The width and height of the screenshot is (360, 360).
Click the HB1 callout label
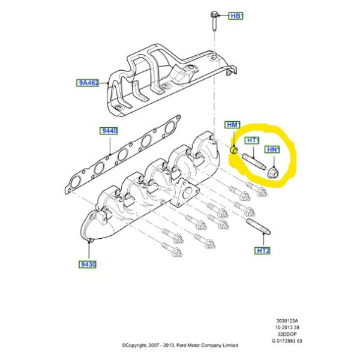(x=236, y=16)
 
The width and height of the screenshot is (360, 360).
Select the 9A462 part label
(x=88, y=83)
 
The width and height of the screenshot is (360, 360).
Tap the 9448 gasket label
(x=109, y=131)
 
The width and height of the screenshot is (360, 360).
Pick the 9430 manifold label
(x=87, y=265)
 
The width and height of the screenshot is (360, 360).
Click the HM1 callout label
(x=232, y=125)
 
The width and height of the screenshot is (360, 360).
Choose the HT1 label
(x=252, y=140)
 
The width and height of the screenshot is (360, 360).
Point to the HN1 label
(x=272, y=149)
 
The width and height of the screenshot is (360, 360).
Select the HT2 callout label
(x=262, y=250)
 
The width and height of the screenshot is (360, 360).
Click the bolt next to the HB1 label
(x=214, y=22)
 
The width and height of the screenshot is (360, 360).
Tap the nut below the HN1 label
(x=273, y=172)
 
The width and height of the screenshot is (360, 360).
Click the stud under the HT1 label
(x=254, y=161)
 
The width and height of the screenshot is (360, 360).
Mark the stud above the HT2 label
(x=259, y=226)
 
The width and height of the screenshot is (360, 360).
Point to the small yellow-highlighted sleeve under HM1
(x=234, y=150)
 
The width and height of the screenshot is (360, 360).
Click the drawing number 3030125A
(x=287, y=321)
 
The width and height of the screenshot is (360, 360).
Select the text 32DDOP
(x=287, y=334)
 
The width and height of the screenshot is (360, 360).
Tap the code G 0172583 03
(x=287, y=341)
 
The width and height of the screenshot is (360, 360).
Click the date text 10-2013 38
(x=287, y=328)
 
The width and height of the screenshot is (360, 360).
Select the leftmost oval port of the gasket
(x=76, y=182)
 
